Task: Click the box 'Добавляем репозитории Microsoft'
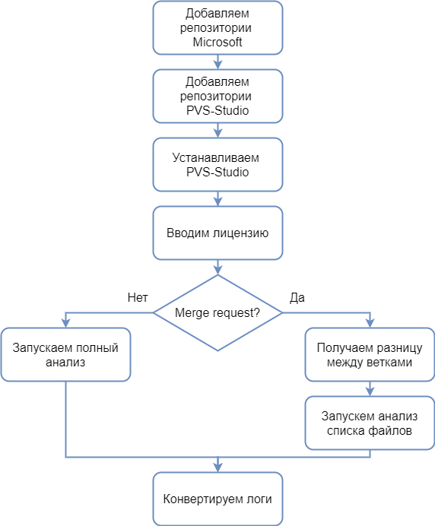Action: pos(217,28)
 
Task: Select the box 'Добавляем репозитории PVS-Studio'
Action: pos(217,96)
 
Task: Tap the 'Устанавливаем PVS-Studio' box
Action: pos(217,164)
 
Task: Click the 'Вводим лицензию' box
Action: pos(217,233)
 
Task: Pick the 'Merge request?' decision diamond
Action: pos(217,312)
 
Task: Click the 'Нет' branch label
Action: pos(138,296)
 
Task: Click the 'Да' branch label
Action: pos(297,296)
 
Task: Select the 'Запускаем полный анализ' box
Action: pos(65,355)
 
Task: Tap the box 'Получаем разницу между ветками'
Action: pos(370,355)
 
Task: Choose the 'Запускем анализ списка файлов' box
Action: pos(370,423)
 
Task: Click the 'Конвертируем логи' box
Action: pos(217,499)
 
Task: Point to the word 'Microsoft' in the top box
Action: pos(217,43)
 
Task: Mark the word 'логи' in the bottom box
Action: pos(256,499)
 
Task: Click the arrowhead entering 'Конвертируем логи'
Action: pos(217,467)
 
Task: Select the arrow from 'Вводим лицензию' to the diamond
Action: pos(217,267)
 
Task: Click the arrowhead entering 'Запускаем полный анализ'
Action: pos(65,323)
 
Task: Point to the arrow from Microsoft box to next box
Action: pos(217,62)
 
